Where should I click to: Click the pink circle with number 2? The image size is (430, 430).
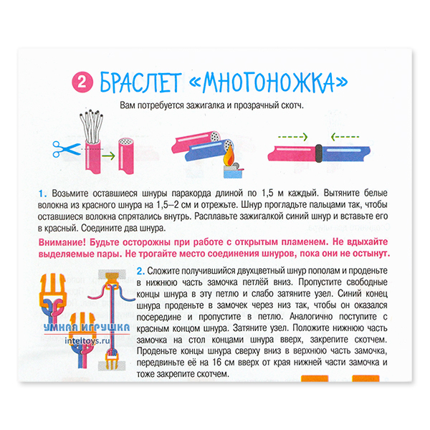82,82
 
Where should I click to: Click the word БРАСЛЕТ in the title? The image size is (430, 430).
141,82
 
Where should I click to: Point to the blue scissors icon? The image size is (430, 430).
66,149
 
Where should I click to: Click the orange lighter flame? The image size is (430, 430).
229,156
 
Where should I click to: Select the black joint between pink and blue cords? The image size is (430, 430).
319,153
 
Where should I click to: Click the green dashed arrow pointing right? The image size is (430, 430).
293,137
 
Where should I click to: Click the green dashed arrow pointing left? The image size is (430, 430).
345,137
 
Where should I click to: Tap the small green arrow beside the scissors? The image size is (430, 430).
109,156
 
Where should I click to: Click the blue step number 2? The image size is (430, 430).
140,271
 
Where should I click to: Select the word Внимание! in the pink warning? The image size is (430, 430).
62,242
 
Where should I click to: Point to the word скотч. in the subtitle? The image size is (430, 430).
292,105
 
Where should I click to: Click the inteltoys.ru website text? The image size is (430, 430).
87,341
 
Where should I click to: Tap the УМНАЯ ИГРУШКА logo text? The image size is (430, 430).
87,328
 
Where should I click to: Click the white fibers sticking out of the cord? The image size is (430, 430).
91,125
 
